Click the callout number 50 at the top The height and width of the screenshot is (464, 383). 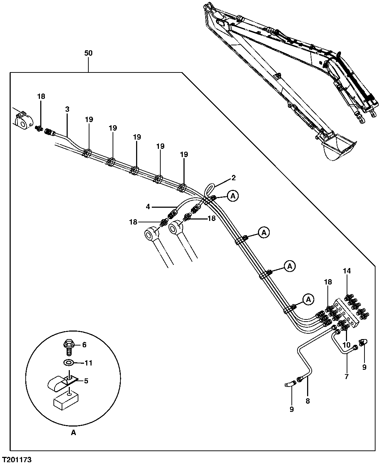tap(88, 53)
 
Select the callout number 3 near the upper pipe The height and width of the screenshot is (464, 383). tap(67, 109)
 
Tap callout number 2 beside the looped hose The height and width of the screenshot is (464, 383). tap(234, 178)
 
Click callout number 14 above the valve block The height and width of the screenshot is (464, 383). tap(347, 271)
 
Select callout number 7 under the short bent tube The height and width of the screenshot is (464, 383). tap(346, 376)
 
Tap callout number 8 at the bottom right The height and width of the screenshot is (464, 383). tap(307, 401)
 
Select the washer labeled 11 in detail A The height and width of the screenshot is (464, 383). tap(68, 363)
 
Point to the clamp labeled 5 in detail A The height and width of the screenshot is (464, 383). tap(61, 383)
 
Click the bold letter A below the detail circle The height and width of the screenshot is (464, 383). tap(73, 433)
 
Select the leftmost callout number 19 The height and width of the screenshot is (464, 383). tap(89, 119)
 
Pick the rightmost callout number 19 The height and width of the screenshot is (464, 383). tap(184, 155)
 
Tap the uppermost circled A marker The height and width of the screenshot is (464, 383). tap(233, 196)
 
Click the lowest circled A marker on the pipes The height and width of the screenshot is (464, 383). tap(309, 299)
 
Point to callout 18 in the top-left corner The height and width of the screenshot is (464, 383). tap(41, 96)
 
